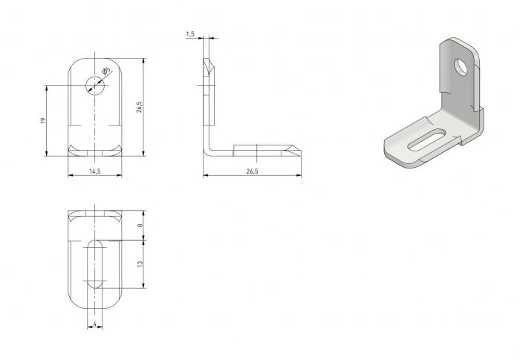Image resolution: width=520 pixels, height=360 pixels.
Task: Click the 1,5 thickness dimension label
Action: pos(190,34)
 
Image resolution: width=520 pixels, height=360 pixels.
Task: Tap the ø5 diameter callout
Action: pos(106,72)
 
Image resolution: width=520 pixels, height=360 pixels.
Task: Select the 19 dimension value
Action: pos(44,120)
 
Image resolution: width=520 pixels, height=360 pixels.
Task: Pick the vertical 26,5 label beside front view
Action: pos(139,107)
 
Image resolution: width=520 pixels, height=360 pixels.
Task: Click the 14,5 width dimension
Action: pos(95,171)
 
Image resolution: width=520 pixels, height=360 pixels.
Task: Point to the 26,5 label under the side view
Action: pos(251,171)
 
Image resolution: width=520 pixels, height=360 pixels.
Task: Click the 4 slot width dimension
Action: pos(95,324)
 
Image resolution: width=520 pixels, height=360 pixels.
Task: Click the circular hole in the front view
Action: pos(95,85)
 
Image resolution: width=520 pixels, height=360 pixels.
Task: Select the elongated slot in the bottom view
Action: pos(95,264)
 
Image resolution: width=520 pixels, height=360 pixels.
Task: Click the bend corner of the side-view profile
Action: pos(209,151)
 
